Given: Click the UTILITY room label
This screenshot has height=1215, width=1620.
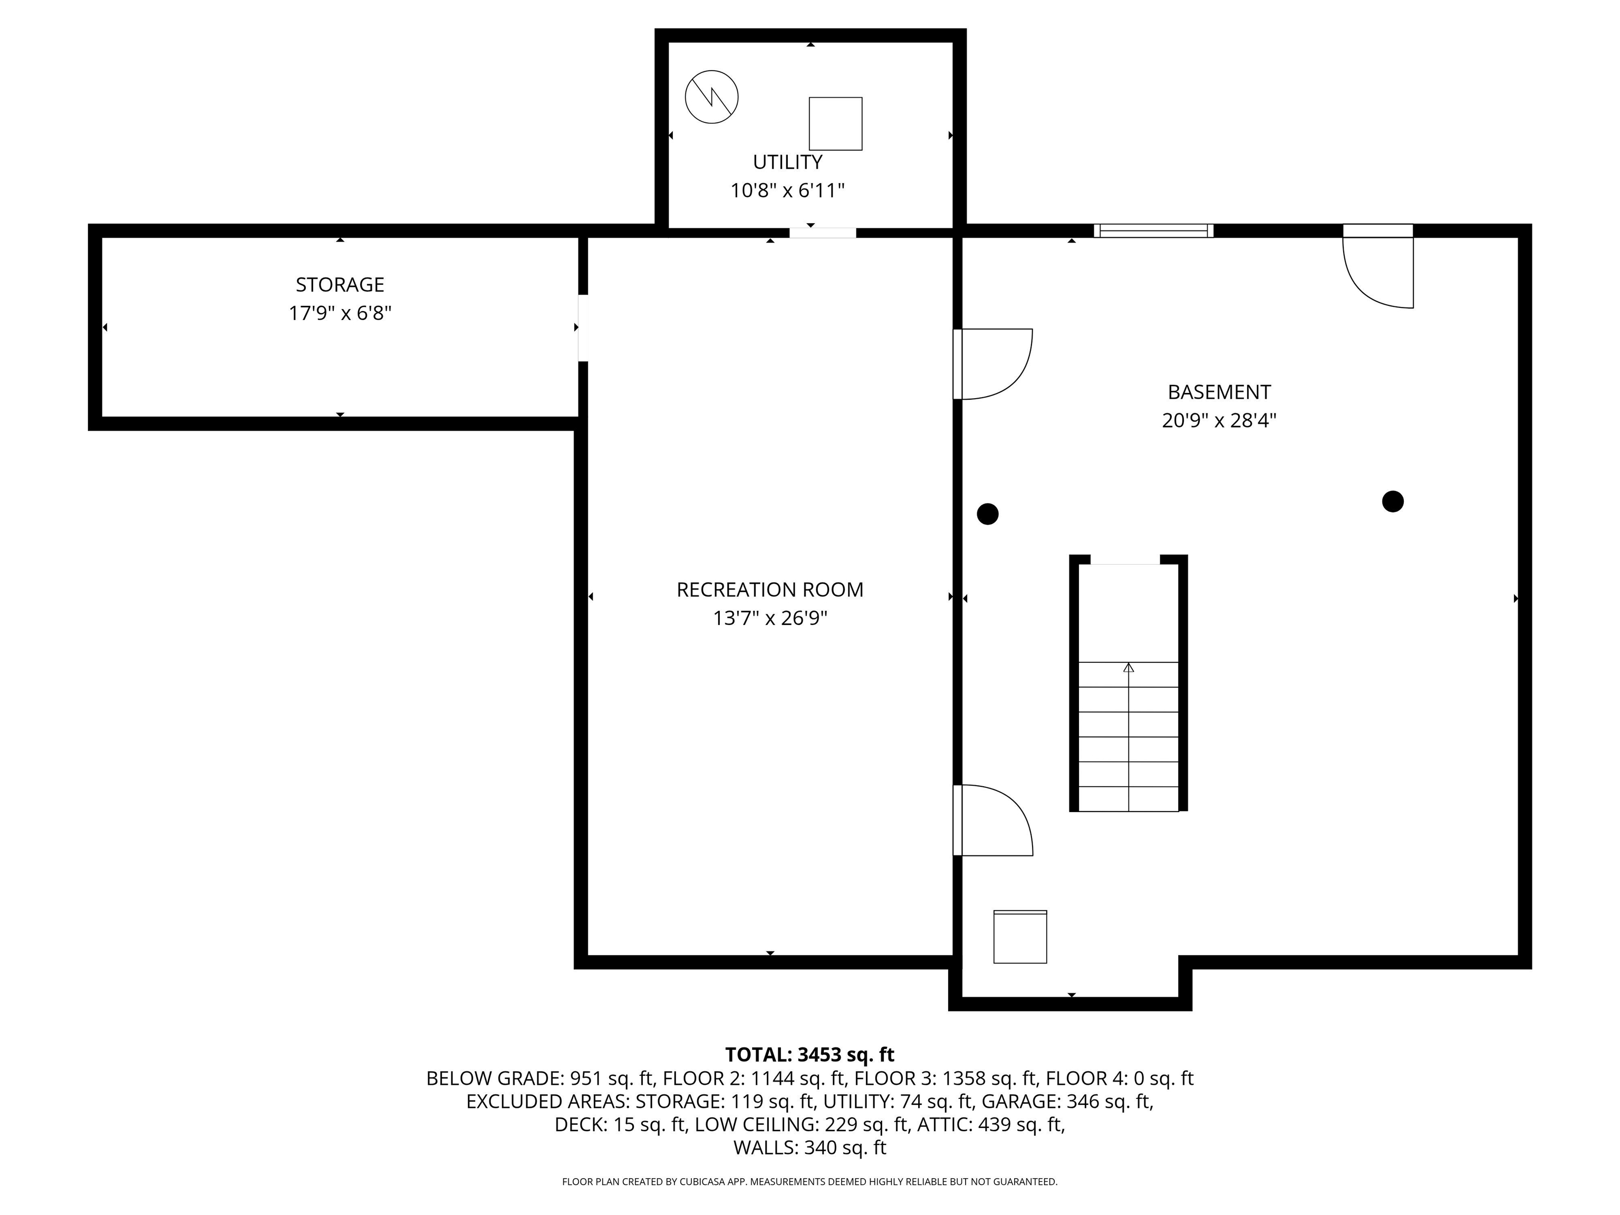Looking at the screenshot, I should (787, 162).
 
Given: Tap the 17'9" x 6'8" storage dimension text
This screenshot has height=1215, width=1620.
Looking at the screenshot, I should (340, 313).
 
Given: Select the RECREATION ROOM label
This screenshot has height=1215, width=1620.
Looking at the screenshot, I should (770, 590).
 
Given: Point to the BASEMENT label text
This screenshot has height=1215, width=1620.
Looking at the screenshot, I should (1219, 392).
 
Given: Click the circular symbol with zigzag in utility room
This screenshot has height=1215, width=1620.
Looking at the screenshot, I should (711, 97).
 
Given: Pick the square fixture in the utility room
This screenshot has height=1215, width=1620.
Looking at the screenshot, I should (835, 124).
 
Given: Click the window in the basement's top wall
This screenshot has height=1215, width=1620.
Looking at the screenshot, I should (1153, 230).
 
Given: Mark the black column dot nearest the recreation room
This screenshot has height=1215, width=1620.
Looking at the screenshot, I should (987, 514).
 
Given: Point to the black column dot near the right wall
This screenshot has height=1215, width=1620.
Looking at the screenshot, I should (1392, 502).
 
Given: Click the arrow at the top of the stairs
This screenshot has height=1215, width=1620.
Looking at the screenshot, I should (1129, 668).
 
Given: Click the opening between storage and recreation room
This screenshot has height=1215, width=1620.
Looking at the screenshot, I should (583, 327).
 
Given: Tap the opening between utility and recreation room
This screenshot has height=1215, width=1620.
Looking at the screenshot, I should (823, 233).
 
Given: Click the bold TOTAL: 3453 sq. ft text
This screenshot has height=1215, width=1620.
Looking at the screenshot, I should (809, 1055).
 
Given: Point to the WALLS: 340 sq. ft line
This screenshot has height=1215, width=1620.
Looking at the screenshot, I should (809, 1147).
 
